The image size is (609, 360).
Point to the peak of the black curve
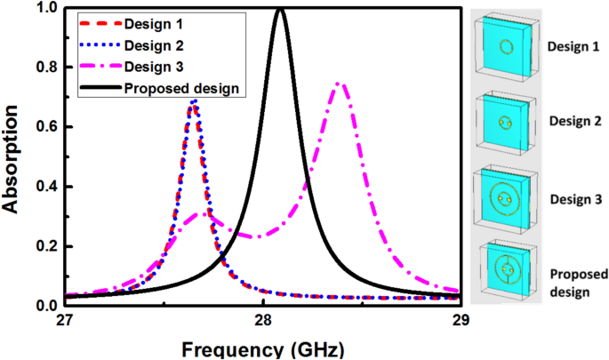281,9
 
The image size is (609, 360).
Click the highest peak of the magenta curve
340,84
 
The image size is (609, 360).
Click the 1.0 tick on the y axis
45,9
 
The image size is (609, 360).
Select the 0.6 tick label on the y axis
45,127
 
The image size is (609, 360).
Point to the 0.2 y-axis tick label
45,246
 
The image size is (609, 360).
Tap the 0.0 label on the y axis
45,305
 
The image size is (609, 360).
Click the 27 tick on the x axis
64,320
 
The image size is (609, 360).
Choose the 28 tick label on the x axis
263,320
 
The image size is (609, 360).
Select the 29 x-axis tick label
461,320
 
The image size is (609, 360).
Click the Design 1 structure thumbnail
507,47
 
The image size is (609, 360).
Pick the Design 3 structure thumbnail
507,193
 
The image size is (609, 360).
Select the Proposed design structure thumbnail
507,268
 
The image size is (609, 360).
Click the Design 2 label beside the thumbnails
573,121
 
